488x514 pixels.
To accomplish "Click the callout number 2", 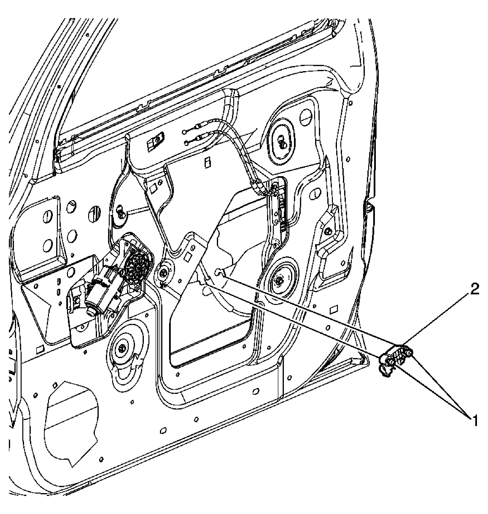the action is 474,289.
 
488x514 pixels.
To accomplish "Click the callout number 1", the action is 475,421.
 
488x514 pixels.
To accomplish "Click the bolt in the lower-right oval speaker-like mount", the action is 279,281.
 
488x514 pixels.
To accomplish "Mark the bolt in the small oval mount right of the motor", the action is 163,273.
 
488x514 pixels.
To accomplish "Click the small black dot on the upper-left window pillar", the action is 59,87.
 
